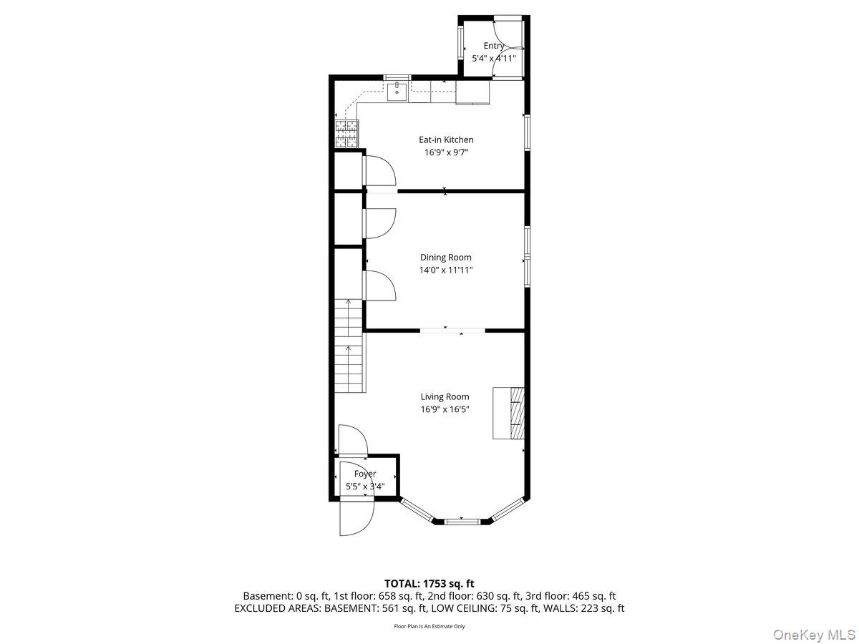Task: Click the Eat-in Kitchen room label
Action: point(445,140)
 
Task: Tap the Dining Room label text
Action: point(445,258)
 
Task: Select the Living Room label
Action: point(445,396)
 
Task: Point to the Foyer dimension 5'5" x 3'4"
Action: point(365,487)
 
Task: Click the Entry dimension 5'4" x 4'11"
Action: point(493,58)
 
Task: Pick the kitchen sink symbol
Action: point(397,91)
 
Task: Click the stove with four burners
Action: point(347,134)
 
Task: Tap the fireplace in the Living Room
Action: point(509,413)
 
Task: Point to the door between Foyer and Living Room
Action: point(352,441)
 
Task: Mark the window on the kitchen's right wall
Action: point(526,132)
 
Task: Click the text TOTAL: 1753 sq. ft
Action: point(429,584)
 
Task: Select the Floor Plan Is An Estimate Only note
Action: point(429,626)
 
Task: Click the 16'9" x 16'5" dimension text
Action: point(445,409)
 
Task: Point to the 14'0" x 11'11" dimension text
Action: point(445,270)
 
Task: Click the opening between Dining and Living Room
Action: point(452,330)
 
